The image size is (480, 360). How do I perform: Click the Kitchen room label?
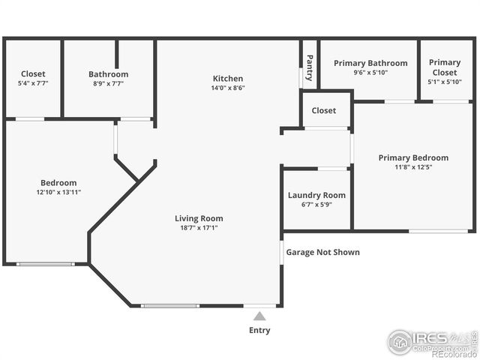(228, 79)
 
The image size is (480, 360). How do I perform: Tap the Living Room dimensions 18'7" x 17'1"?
(199, 228)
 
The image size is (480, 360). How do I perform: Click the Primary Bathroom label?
(370, 64)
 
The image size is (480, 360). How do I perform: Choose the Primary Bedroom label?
(413, 157)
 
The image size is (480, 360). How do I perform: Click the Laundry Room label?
(316, 196)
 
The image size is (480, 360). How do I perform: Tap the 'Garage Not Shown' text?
(322, 252)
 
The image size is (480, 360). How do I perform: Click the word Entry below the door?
(259, 330)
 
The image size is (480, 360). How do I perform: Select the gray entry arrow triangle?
(259, 316)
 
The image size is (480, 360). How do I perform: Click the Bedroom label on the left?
(58, 183)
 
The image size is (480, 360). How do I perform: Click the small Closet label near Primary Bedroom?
(324, 110)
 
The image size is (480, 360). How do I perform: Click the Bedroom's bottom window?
(46, 264)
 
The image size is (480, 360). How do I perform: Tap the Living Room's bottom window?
(170, 305)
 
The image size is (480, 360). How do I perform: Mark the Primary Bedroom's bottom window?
(439, 231)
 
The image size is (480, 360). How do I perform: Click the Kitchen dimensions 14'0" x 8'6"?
(228, 88)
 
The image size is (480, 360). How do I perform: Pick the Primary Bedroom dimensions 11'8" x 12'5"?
(413, 166)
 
